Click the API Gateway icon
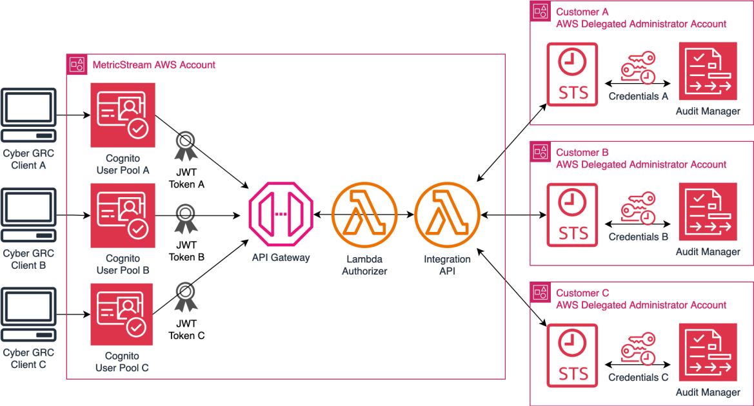point(280,213)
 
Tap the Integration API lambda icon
point(446,213)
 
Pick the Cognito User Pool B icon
point(123,215)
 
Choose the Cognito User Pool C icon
point(123,314)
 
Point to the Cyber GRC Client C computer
point(28,315)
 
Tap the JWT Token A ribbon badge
point(186,146)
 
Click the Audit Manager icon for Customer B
point(708,215)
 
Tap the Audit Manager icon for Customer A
point(708,74)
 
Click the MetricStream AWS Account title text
point(154,65)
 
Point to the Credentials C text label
point(638,378)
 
